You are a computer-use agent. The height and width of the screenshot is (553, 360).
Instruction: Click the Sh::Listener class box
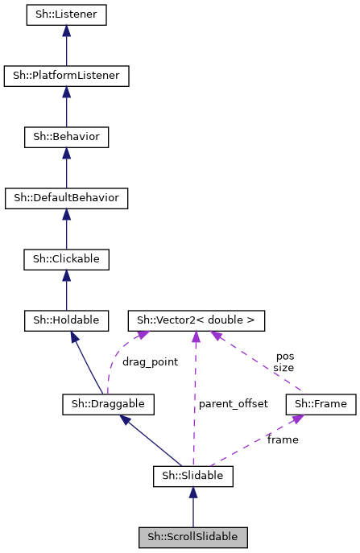coord(66,14)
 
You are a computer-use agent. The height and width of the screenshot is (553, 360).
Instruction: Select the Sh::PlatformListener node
coord(66,76)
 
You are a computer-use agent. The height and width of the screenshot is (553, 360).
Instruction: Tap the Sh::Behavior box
coord(66,137)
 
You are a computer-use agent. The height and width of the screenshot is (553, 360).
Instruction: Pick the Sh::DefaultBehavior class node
coord(66,197)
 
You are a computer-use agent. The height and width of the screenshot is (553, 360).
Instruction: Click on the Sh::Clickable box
coord(66,259)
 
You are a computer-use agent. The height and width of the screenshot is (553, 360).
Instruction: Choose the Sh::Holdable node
coord(66,320)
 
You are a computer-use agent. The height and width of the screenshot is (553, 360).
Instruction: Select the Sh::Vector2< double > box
coord(196,320)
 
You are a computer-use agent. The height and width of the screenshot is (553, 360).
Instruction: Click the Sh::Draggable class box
coord(108,403)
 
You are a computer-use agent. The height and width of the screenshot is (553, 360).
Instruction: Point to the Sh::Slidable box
coord(192,477)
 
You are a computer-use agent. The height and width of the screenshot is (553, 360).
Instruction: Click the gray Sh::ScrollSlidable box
coord(192,537)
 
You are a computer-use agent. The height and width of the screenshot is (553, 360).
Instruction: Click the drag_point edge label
coord(150,361)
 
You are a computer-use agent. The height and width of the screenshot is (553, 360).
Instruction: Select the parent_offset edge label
coord(233,403)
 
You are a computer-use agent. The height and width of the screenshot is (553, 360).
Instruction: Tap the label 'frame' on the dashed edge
coord(283,440)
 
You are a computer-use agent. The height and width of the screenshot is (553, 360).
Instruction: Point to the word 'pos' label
coord(285,355)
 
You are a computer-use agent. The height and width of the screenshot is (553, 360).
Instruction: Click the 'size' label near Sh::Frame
coord(283,367)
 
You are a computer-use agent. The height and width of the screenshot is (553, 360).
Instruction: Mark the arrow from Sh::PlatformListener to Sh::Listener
coord(66,45)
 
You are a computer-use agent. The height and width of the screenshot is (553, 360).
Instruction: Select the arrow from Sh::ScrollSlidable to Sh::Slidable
coord(192,507)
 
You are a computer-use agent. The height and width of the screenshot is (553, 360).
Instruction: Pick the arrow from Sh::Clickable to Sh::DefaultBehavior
coord(66,229)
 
